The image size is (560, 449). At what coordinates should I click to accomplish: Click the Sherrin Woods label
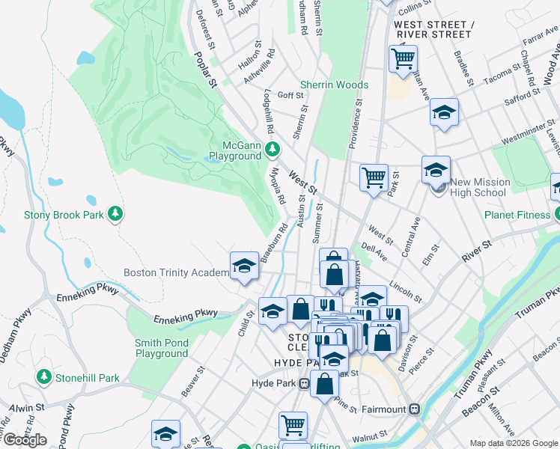pos(334,85)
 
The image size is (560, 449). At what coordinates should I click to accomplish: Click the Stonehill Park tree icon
pos(44,378)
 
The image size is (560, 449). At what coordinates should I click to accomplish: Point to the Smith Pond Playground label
pos(161,349)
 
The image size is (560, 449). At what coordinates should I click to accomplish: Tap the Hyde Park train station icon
pos(305,384)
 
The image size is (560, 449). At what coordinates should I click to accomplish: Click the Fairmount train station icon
pos(413,409)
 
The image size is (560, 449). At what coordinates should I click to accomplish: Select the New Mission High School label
pos(480,187)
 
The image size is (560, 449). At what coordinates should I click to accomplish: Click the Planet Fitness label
pos(516,215)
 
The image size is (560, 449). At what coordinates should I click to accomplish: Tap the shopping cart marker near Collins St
pos(403,58)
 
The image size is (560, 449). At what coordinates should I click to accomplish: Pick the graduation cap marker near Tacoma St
pos(444,112)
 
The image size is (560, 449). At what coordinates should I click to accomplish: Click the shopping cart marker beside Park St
pos(373,177)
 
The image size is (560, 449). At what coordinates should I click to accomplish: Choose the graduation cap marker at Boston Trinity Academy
pos(243,265)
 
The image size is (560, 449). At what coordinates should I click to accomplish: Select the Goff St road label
pos(290,95)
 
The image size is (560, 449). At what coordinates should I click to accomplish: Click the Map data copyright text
pos(513,443)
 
